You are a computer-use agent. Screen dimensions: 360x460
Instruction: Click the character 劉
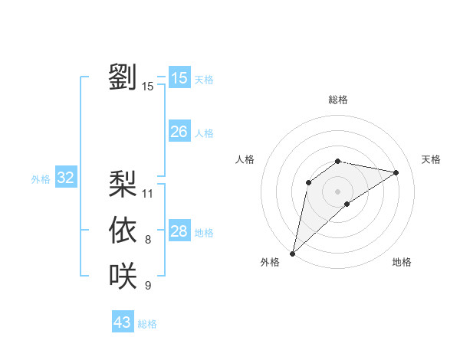[123, 77]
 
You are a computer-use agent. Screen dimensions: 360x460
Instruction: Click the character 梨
[123, 183]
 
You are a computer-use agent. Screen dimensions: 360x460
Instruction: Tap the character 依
[123, 230]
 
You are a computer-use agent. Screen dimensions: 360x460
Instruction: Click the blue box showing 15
[179, 78]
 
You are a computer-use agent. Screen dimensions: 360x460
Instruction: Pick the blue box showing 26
[179, 132]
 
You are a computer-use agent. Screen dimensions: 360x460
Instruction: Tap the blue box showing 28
[179, 231]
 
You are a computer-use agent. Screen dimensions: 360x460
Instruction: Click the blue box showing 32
[66, 178]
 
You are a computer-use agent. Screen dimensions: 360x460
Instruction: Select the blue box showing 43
[123, 322]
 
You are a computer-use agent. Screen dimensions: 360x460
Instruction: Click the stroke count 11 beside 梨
[148, 193]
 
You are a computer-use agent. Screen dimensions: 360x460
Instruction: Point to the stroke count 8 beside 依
[148, 240]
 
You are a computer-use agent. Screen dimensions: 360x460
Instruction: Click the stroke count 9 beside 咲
[148, 286]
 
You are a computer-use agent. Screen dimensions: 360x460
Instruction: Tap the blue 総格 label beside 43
[147, 324]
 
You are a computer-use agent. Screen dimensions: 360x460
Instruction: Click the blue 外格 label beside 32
[41, 179]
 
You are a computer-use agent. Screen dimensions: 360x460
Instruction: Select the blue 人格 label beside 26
[204, 133]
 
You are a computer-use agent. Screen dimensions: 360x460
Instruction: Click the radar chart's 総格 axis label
[337, 100]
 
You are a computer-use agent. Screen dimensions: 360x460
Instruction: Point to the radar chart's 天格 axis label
[431, 159]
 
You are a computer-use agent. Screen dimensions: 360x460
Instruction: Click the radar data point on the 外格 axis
[292, 253]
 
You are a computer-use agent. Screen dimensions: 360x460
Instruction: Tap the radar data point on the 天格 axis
[396, 172]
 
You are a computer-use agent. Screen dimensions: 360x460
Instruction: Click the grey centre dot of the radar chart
[337, 191]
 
